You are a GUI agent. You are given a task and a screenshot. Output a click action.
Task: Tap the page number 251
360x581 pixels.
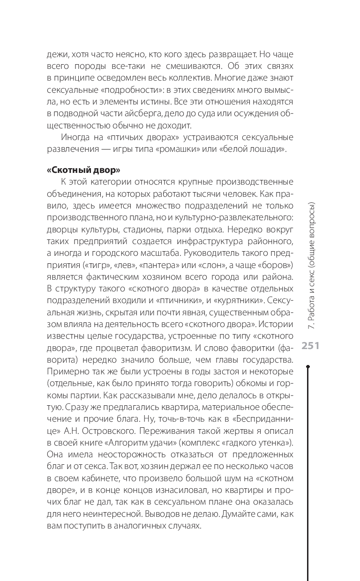pyautogui.click(x=310, y=346)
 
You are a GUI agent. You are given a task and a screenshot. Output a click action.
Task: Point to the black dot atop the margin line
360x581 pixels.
pyautogui.click(x=307, y=366)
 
